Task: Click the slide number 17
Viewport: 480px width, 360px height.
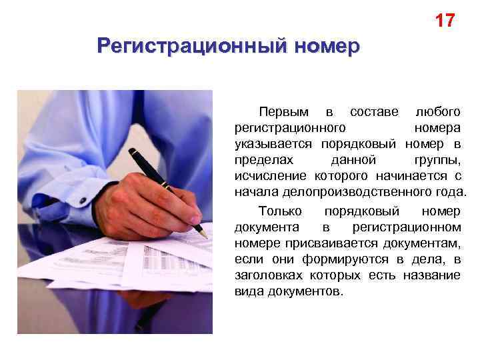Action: (x=445, y=21)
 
